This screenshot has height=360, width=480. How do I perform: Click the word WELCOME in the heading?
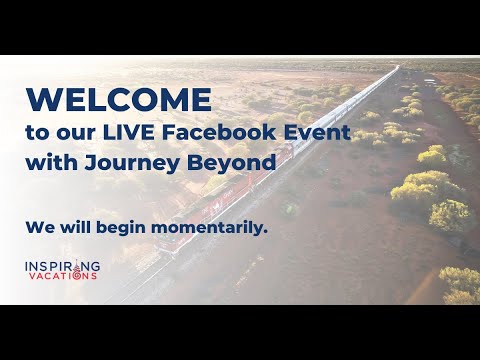pos(119,100)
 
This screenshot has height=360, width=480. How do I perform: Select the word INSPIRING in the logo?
pos(61,266)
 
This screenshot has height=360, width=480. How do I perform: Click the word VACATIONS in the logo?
pos(61,276)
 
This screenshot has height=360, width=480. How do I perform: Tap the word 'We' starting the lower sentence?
pos(36,228)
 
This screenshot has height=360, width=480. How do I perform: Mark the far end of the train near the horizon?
pos(397,68)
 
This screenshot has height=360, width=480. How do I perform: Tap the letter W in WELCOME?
pos(41,100)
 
